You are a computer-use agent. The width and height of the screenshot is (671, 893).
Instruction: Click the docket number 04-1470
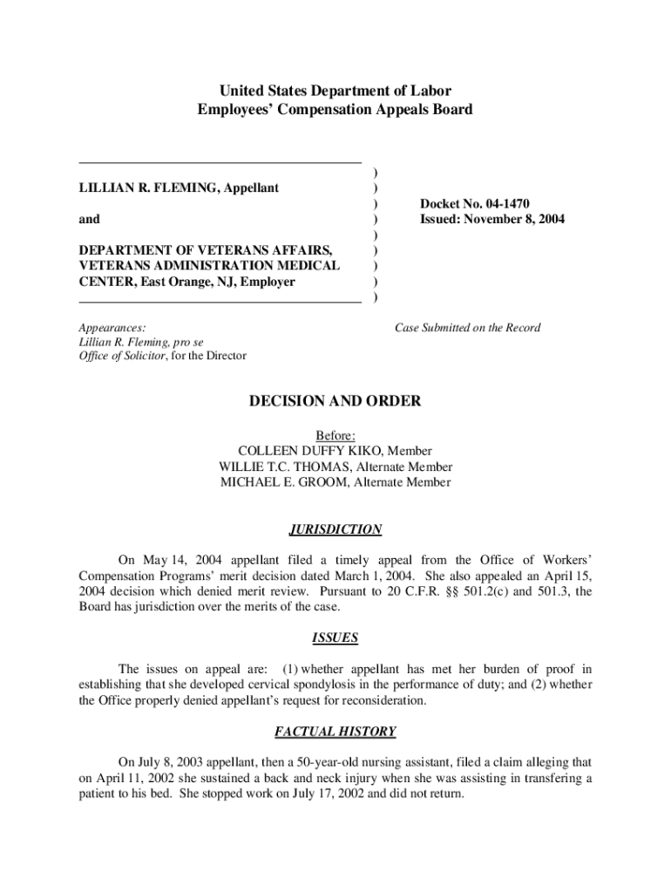517,203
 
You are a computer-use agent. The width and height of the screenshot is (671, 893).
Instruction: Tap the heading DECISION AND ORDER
335,401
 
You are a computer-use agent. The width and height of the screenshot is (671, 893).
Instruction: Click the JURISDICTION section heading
335,529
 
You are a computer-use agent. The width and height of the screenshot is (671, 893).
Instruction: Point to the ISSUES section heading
335,637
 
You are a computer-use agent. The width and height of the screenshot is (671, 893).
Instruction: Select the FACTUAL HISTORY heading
335,732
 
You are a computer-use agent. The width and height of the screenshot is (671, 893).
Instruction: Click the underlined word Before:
335,435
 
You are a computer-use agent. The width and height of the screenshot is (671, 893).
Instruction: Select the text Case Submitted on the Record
467,328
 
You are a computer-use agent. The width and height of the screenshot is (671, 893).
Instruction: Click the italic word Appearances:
112,328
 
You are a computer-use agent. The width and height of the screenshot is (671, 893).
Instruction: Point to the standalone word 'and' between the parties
89,219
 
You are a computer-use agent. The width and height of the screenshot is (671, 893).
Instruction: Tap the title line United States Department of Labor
335,91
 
